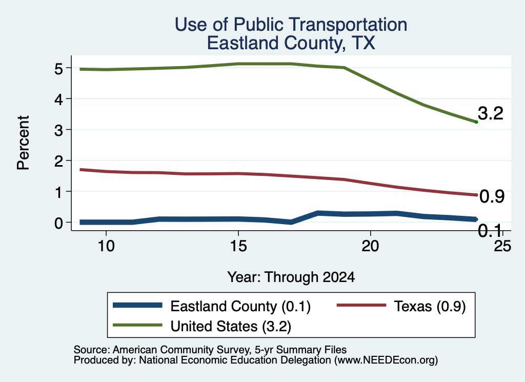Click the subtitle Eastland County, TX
point(291,43)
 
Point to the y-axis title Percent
point(24,143)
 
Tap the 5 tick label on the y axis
point(58,69)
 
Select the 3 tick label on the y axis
point(58,130)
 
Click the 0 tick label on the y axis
point(58,223)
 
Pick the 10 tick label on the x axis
point(106,246)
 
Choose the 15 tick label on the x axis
point(238,246)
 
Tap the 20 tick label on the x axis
point(370,246)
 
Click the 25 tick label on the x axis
point(502,246)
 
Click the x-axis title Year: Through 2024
point(291,277)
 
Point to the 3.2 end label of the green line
point(491,113)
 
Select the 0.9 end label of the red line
point(492,196)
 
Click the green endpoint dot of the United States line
point(476,122)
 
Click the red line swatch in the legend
point(361,305)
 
